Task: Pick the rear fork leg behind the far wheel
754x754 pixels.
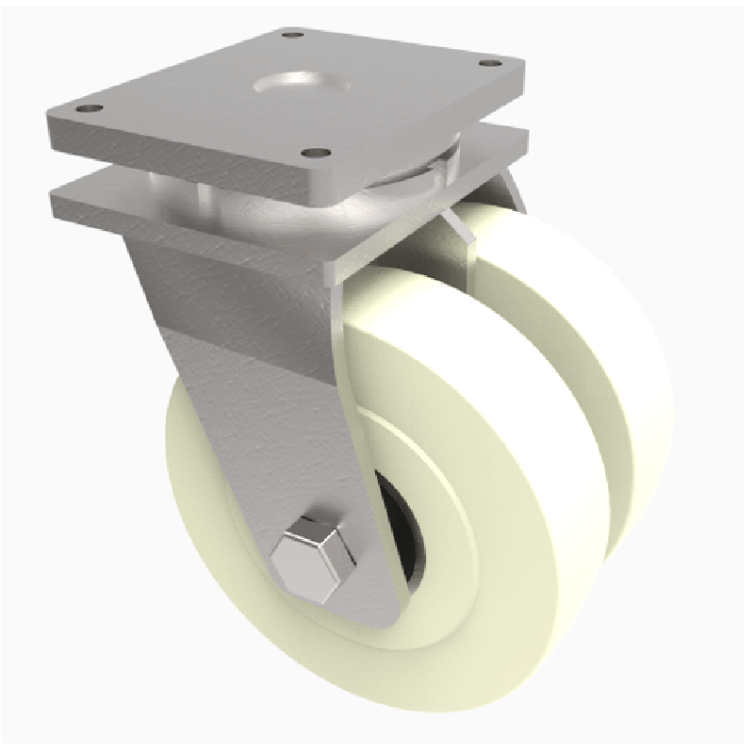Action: pyautogui.click(x=514, y=193)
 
